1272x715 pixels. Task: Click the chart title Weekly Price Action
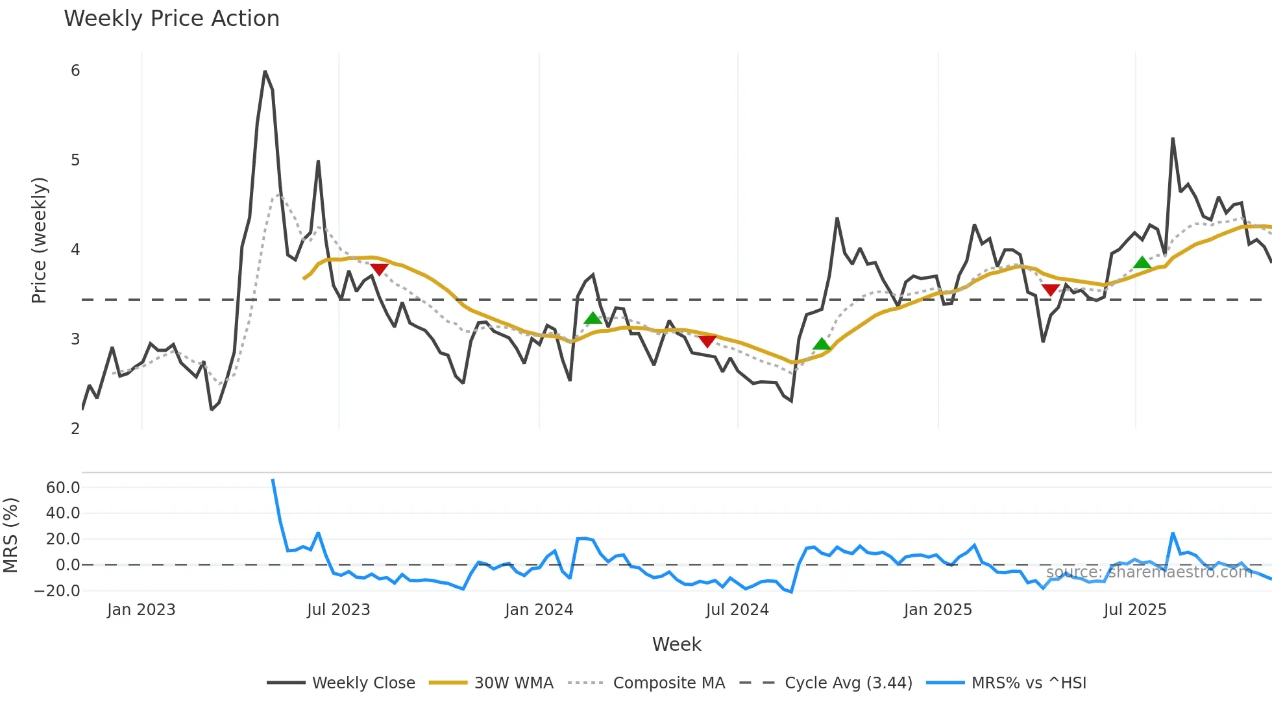171,19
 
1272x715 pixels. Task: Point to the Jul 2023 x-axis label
338,610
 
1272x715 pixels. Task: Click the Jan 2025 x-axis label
938,610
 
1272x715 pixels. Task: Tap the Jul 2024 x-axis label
737,610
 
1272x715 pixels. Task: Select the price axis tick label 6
75,71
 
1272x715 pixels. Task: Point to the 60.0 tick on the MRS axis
63,488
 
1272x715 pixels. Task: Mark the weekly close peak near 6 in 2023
265,72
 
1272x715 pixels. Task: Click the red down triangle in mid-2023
379,269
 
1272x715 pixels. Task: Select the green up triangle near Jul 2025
1142,263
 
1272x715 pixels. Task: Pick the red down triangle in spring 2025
1050,289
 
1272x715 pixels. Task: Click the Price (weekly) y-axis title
39,240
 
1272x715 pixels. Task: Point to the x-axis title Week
676,644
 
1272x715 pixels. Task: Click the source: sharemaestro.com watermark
1149,572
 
